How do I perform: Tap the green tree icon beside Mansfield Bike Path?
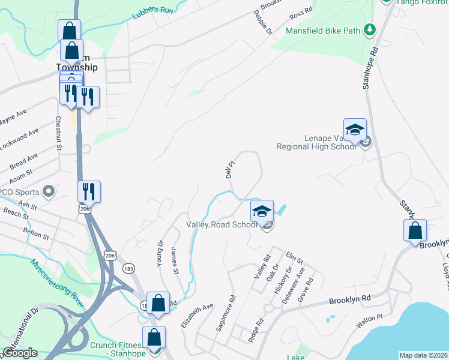pos(370,29)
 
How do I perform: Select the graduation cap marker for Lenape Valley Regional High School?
pos(355,130)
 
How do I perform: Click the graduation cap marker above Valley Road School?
pos(262,211)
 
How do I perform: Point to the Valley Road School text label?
pos(221,224)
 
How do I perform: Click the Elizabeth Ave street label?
pos(197,315)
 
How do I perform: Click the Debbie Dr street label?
pos(262,22)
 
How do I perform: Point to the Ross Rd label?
pos(301,11)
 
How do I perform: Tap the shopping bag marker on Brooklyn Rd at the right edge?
pos(415,230)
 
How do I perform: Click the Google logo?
pos(19,353)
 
